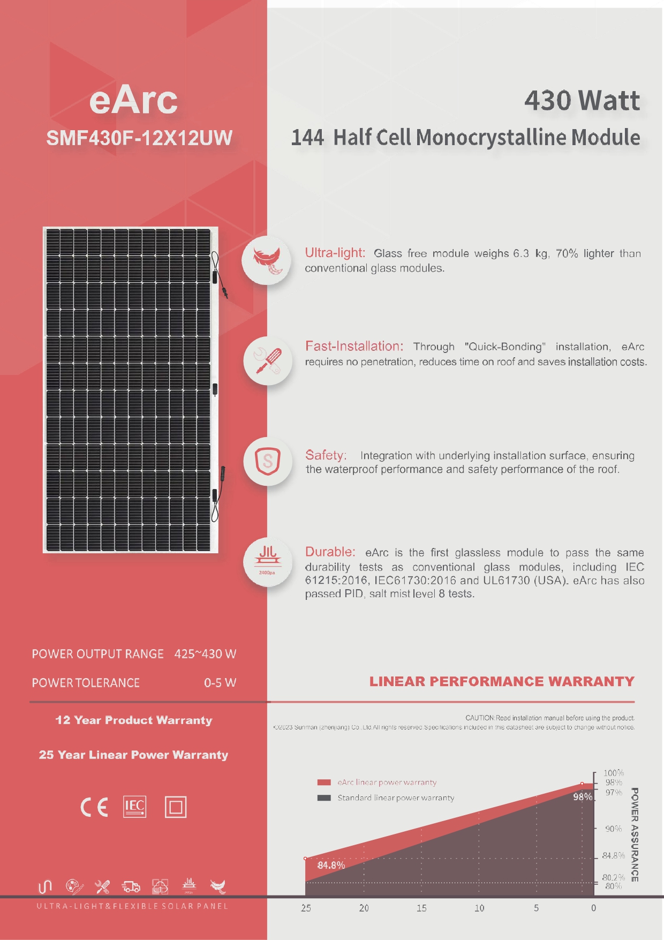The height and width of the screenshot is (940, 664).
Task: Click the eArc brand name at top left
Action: (133, 100)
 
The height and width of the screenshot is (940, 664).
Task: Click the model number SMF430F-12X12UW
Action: (139, 138)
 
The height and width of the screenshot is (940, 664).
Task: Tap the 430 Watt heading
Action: (582, 101)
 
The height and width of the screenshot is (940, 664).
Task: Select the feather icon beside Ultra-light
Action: (267, 260)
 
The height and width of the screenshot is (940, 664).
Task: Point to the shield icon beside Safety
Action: (268, 461)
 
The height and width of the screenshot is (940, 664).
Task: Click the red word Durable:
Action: (330, 552)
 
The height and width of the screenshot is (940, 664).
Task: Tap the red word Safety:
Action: (326, 455)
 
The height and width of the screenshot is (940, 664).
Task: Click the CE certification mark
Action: (94, 807)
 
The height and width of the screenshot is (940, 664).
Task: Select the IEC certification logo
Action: (134, 807)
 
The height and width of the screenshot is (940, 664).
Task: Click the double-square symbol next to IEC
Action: (176, 807)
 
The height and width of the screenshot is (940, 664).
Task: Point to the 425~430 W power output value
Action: (205, 654)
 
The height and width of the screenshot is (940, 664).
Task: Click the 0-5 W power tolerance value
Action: (220, 683)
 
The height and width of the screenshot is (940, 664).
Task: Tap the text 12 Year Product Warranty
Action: (134, 720)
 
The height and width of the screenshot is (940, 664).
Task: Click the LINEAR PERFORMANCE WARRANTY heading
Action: (502, 682)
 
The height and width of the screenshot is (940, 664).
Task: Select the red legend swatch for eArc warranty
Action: (324, 783)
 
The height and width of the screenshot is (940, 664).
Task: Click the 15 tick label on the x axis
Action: (421, 908)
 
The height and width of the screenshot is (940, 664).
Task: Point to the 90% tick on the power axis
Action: (614, 829)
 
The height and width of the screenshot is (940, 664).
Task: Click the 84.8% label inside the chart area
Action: (331, 866)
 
